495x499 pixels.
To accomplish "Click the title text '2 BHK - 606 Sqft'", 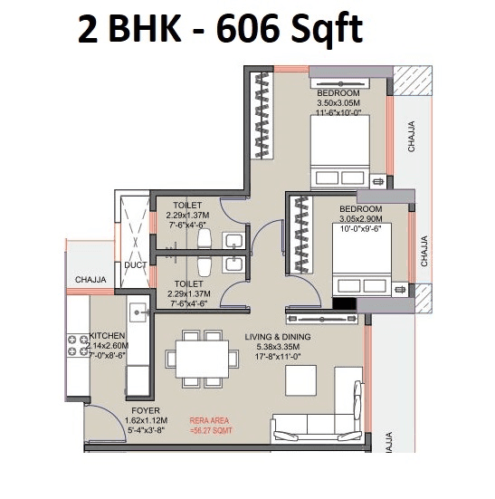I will tap(220, 30).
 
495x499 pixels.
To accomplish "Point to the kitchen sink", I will tap(138, 312).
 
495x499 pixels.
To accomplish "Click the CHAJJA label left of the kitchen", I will tap(92, 280).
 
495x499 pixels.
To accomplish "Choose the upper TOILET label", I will tap(188, 206).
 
